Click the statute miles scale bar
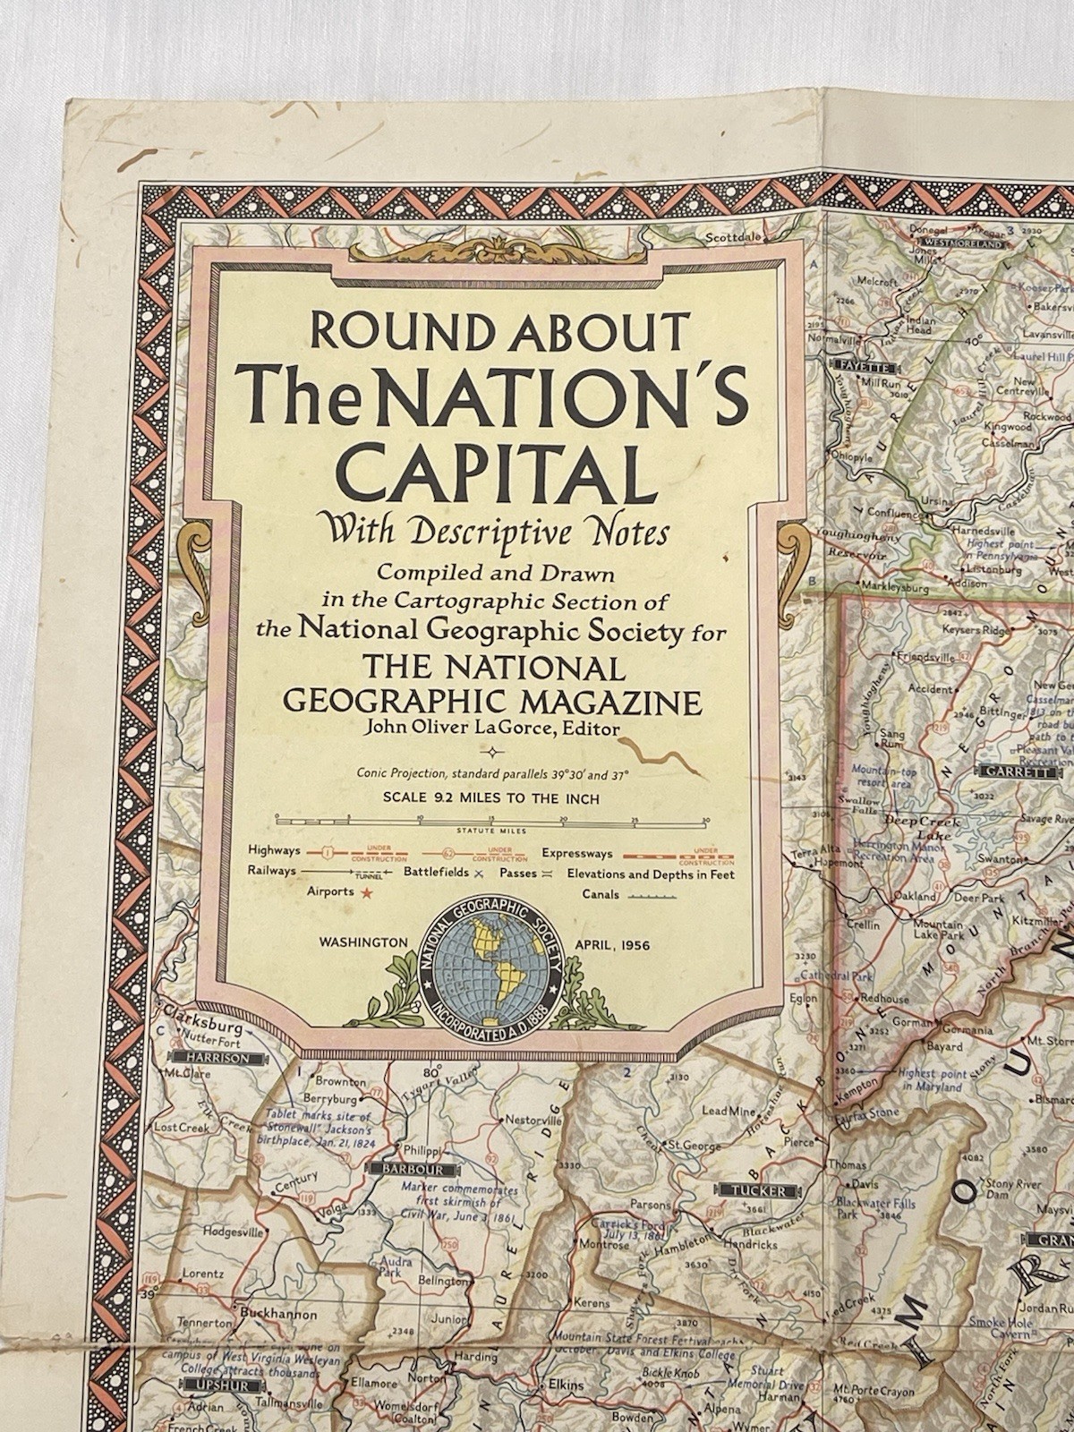(x=491, y=818)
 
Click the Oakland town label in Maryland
(x=916, y=896)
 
